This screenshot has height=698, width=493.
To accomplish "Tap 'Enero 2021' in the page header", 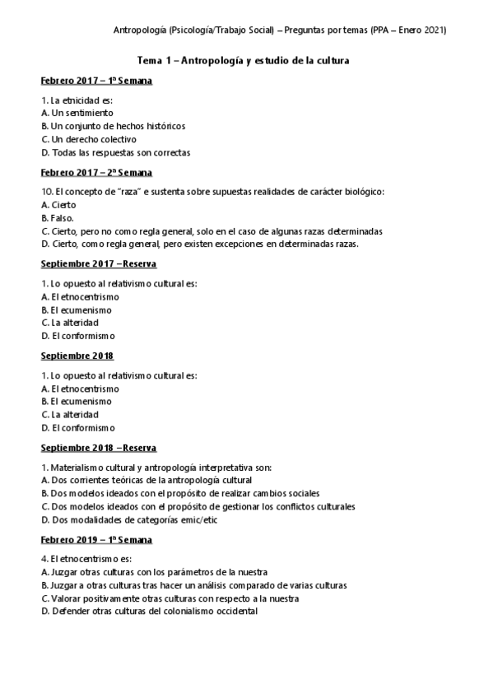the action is [x=422, y=30].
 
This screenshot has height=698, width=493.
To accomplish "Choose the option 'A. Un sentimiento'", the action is [x=77, y=113].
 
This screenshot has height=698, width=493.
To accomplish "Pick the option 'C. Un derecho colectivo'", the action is [x=89, y=139].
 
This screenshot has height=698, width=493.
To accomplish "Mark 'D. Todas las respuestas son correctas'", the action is [x=115, y=152].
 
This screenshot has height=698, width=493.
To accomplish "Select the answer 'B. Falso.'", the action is [x=57, y=218].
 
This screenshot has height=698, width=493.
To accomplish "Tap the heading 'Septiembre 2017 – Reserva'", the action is [x=99, y=264].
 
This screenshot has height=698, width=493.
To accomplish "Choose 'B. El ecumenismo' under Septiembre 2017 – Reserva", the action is [x=77, y=309].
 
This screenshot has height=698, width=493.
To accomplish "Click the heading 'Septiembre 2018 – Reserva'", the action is [x=99, y=448].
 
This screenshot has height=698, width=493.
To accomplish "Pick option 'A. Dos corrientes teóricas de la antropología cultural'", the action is [x=147, y=480].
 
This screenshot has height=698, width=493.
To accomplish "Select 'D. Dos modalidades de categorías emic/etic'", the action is [x=128, y=519].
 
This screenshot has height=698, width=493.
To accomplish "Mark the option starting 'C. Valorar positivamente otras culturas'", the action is [x=170, y=598].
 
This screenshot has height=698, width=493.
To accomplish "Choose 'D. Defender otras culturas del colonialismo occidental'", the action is [x=149, y=612].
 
